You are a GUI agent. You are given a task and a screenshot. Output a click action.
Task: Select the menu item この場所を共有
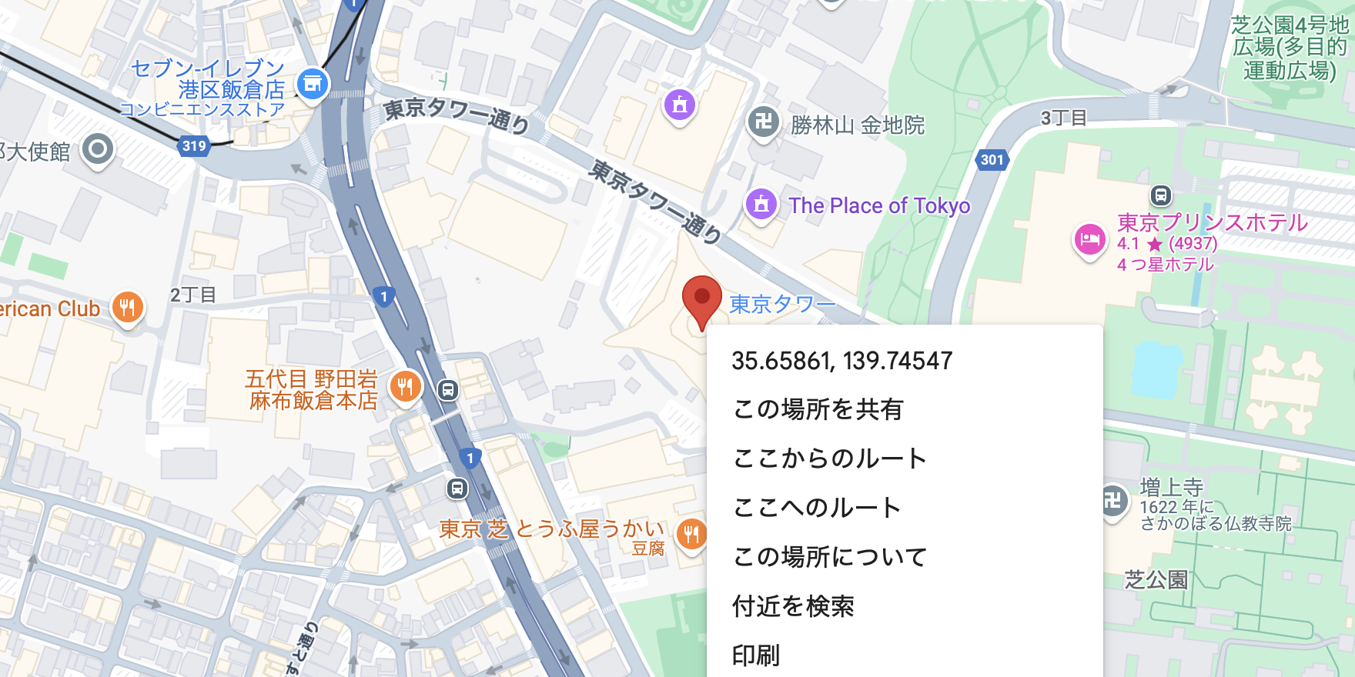click(x=818, y=409)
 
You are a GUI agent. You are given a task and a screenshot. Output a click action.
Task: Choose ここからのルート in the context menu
click(x=829, y=459)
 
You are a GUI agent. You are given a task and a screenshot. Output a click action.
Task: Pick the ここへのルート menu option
click(x=816, y=508)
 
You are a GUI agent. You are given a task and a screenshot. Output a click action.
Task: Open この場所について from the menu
click(x=830, y=557)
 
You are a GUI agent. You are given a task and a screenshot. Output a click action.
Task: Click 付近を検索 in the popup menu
click(x=793, y=606)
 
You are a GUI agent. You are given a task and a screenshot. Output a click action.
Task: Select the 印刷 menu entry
click(x=756, y=655)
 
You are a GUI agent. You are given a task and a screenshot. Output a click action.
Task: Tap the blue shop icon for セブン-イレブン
click(x=313, y=84)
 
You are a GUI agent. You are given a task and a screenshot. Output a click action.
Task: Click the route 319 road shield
click(x=194, y=145)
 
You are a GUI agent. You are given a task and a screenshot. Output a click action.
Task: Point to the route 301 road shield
click(x=992, y=160)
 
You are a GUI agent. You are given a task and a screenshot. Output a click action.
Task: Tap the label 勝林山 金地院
click(x=857, y=125)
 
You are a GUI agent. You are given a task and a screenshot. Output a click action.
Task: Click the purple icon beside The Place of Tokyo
click(x=761, y=205)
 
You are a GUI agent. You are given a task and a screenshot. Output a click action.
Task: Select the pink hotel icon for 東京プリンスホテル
click(x=1089, y=239)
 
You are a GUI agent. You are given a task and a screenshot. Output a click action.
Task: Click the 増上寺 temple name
click(x=1171, y=487)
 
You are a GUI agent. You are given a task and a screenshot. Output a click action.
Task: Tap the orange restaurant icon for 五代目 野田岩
click(x=405, y=386)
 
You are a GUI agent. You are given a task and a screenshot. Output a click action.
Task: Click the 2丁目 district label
click(x=192, y=295)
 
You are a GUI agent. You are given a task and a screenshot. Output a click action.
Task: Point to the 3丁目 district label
click(x=1063, y=118)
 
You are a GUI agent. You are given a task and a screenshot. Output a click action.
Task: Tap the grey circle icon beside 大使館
click(x=98, y=149)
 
